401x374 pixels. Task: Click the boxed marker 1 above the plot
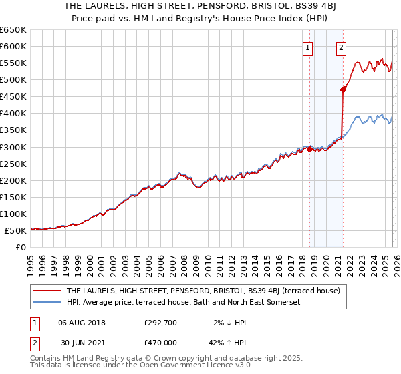coord(308,47)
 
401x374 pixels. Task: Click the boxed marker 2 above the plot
coord(341,47)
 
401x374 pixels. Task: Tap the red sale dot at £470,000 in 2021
coord(344,89)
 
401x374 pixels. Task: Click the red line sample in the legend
coord(47,291)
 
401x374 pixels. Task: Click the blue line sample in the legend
coord(47,303)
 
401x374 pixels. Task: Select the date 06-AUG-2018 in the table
coord(82,322)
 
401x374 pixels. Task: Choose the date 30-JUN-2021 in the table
coord(82,343)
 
